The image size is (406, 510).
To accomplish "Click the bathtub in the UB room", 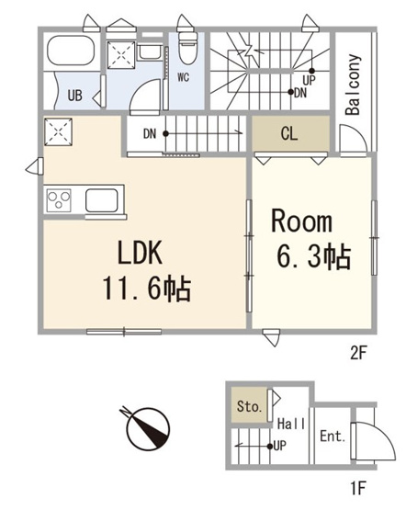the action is pos(71,51).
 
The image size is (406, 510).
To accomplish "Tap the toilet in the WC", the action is pos(188,48).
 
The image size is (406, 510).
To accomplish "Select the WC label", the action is pos(184,77).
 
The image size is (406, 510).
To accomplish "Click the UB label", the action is pos(74,96).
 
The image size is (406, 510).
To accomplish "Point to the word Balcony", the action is pos(353,85).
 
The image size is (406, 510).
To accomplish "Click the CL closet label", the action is pos(289,133).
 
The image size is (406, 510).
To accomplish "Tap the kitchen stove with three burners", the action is pos(59,199).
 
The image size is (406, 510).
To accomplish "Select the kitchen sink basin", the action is pos(101,200).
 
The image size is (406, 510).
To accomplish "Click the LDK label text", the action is pos(140,253).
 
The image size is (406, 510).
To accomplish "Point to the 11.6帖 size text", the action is pos(147,289).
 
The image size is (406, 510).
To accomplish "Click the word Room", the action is pos(301,221).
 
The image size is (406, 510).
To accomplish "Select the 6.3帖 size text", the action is pos(313,257).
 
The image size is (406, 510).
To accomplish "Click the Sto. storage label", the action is pos(249,406).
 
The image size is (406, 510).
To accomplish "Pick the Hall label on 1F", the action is pos(291,425).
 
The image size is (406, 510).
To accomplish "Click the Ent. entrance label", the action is pos(333,436).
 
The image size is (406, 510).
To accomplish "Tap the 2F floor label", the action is pos(358,354).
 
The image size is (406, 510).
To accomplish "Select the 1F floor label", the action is pos(358,488).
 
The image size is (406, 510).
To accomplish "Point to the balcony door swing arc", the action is pos(359,131).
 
